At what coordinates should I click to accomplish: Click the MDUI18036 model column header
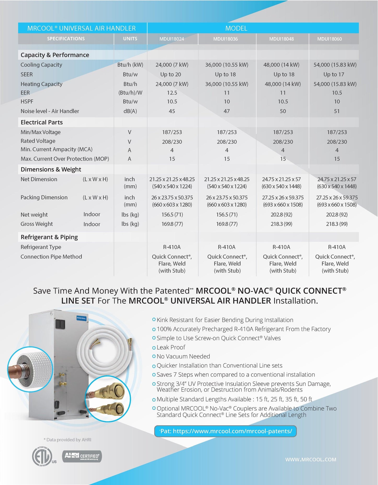[225, 39]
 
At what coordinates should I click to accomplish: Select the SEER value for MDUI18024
[171, 74]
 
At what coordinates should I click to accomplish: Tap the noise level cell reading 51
[337, 111]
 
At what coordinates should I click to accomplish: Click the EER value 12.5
[172, 93]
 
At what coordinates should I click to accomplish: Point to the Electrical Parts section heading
[42, 122]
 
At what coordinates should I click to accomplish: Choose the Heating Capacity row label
[41, 84]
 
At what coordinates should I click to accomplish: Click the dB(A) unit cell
[130, 111]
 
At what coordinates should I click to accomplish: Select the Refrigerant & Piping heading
[49, 237]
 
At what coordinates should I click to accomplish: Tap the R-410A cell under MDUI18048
[281, 247]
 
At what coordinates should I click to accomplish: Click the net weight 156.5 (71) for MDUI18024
[172, 215]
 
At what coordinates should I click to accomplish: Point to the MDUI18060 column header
[329, 39]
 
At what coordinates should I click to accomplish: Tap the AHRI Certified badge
[82, 456]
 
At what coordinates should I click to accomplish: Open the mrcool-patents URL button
[225, 431]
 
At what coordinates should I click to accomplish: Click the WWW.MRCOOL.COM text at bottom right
[311, 459]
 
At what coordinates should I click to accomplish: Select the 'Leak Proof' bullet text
[171, 347]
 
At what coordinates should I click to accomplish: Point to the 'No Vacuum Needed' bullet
[183, 356]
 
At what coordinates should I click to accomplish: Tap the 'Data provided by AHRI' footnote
[67, 440]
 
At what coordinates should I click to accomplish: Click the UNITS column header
[130, 39]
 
